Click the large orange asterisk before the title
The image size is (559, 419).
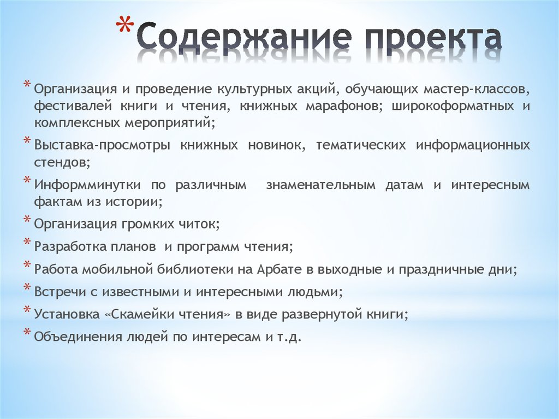125,28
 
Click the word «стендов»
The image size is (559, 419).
59,162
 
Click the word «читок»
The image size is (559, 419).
184,224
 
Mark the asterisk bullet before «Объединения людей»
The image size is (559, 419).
27,332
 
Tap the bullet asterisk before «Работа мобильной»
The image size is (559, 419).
27,265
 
